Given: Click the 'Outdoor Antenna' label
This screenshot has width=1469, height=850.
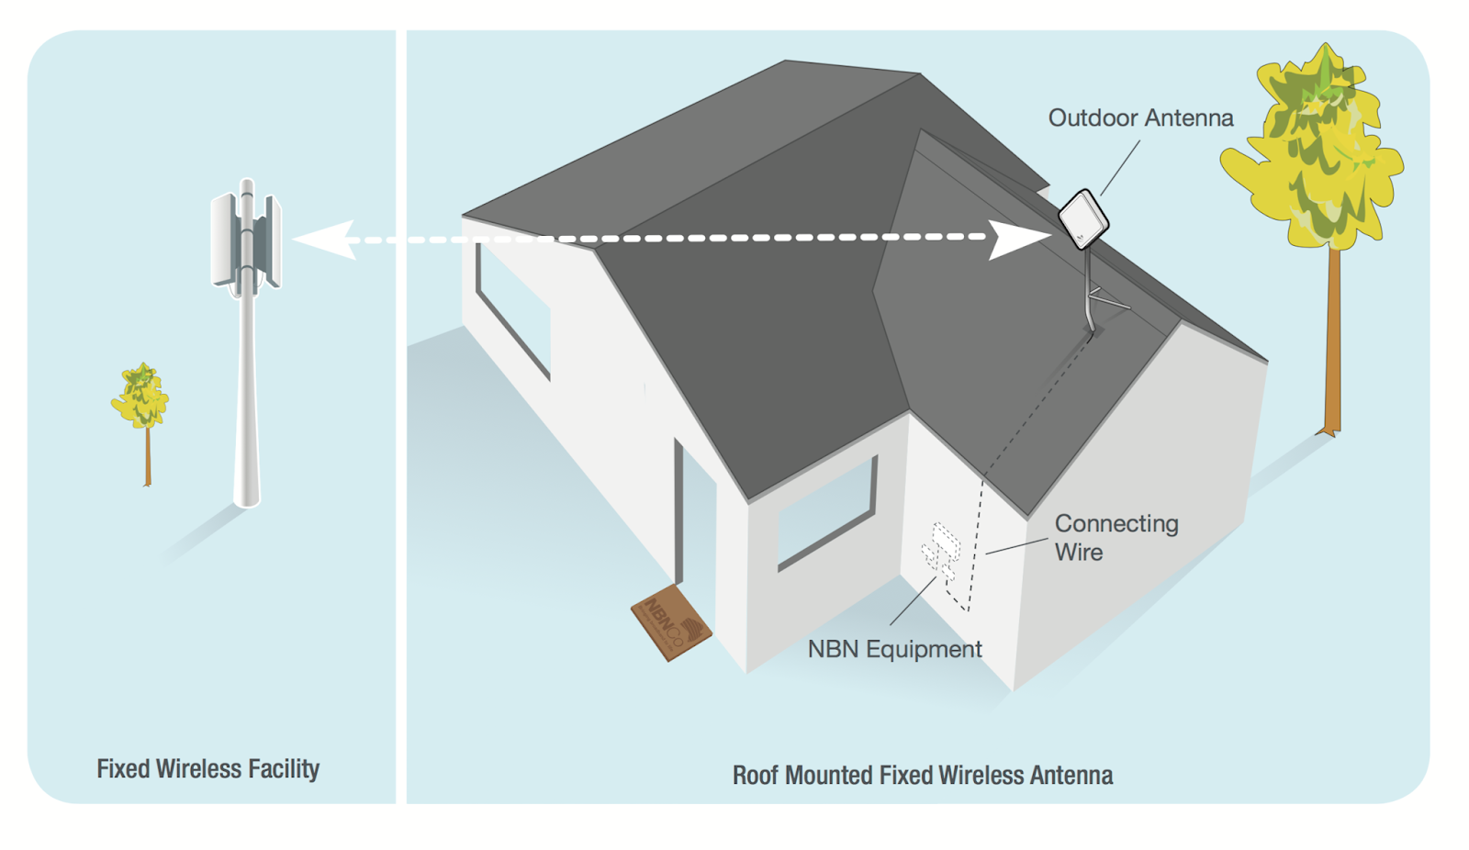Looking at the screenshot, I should (x=1140, y=118).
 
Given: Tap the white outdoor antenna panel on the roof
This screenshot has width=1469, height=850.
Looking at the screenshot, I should (x=1083, y=219).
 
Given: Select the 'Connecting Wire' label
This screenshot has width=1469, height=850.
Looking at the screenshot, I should (x=1116, y=537).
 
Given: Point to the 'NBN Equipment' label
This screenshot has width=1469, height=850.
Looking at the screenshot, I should (x=894, y=649).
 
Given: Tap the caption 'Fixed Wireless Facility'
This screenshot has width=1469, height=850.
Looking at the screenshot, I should (x=208, y=768).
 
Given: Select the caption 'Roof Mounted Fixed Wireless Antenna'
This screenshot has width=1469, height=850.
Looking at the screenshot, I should (x=922, y=776).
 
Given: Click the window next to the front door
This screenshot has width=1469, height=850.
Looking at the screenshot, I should (x=825, y=514).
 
